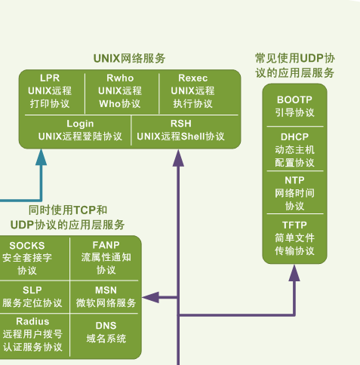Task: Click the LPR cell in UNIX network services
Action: [50, 90]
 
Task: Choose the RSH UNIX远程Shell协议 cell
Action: [180, 130]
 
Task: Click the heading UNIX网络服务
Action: [129, 58]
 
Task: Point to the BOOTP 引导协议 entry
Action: [294, 106]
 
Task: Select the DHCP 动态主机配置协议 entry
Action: [294, 149]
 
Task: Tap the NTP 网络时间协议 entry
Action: [294, 193]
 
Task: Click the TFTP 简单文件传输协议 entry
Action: [294, 238]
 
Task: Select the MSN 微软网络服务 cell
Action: [106, 296]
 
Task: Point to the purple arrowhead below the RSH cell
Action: [179, 157]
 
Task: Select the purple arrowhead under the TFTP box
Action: [294, 273]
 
